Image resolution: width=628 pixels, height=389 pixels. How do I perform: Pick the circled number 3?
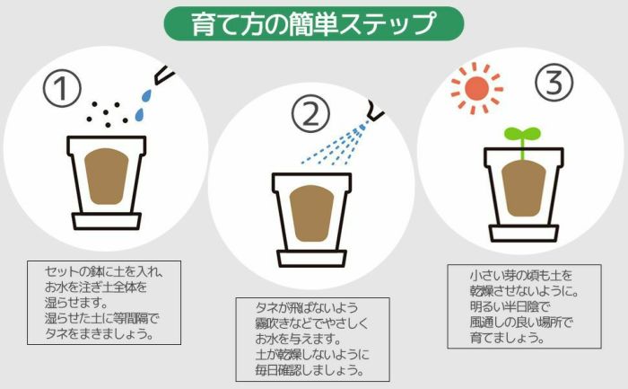click(554, 84)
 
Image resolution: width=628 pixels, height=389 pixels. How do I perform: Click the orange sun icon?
click(477, 87)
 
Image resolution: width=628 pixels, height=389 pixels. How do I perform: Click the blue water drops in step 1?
click(144, 103)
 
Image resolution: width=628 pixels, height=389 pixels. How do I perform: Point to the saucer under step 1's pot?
click(106, 220)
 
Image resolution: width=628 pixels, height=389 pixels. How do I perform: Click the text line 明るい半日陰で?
click(509, 306)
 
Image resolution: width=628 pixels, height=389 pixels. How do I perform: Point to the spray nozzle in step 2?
click(375, 114)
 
